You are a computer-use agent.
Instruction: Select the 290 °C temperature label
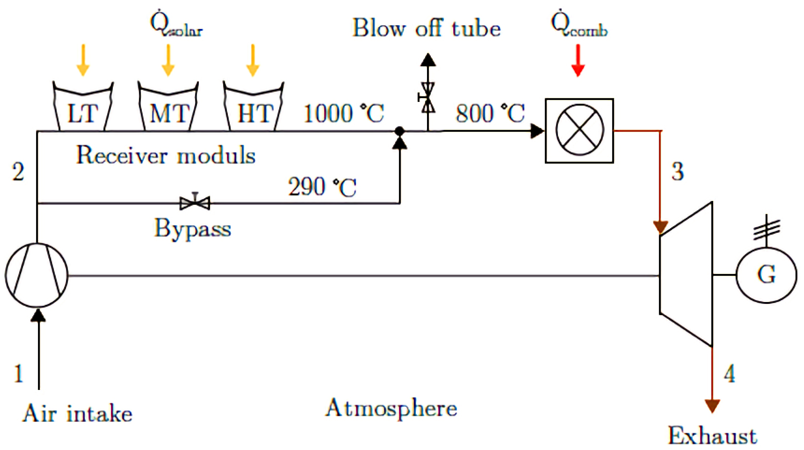tap(322, 187)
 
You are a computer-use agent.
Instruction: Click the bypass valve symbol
tap(195, 203)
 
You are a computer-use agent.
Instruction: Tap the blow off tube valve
tap(428, 97)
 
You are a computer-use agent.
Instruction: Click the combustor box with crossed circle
tap(579, 131)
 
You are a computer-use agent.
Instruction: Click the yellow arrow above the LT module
tap(83, 60)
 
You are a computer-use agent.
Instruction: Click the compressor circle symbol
tap(37, 275)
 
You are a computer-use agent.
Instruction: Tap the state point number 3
tap(678, 172)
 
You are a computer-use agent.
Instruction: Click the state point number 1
tap(18, 374)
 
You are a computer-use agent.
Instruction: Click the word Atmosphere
tap(391, 408)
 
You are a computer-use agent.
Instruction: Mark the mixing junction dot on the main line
tap(400, 130)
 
